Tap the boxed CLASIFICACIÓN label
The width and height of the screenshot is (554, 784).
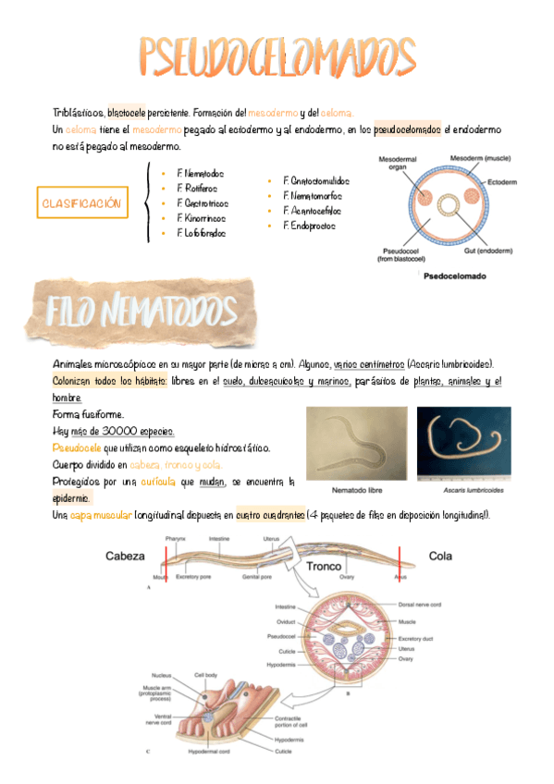(x=81, y=202)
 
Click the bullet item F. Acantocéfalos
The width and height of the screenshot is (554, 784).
(x=312, y=211)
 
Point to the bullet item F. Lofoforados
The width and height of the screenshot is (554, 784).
(x=201, y=233)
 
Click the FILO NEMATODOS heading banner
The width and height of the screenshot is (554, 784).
(x=138, y=311)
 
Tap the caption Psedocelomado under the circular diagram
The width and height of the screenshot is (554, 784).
(x=455, y=275)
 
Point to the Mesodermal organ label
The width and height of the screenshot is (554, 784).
(x=395, y=163)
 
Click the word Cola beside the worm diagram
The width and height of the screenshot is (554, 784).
(x=439, y=556)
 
